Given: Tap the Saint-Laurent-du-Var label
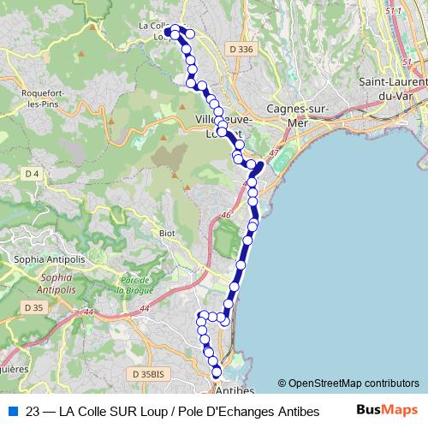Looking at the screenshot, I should (x=394, y=89).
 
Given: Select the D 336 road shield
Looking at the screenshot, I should (x=241, y=50).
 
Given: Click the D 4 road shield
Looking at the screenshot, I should (x=33, y=175).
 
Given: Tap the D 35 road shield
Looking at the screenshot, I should (x=33, y=306).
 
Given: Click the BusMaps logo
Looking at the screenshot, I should (x=387, y=410).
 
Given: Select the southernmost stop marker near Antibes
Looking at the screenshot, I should (x=217, y=372).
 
